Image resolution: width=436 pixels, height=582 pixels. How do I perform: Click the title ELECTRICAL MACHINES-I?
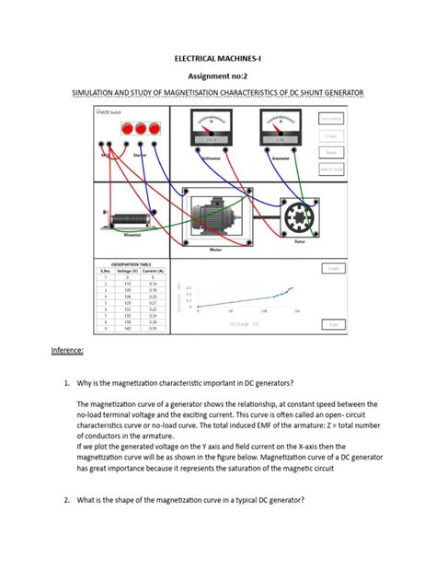pos(218,57)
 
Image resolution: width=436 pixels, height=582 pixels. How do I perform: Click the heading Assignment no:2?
pos(218,76)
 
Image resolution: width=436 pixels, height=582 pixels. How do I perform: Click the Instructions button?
pos(332,119)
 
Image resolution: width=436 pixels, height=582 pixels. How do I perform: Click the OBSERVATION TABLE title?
pos(137,263)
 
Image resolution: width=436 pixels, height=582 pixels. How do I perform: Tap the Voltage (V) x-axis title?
pos(244,323)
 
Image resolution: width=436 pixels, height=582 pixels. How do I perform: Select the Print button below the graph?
pos(333,324)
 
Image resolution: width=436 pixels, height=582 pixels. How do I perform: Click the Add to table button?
pos(332,169)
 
